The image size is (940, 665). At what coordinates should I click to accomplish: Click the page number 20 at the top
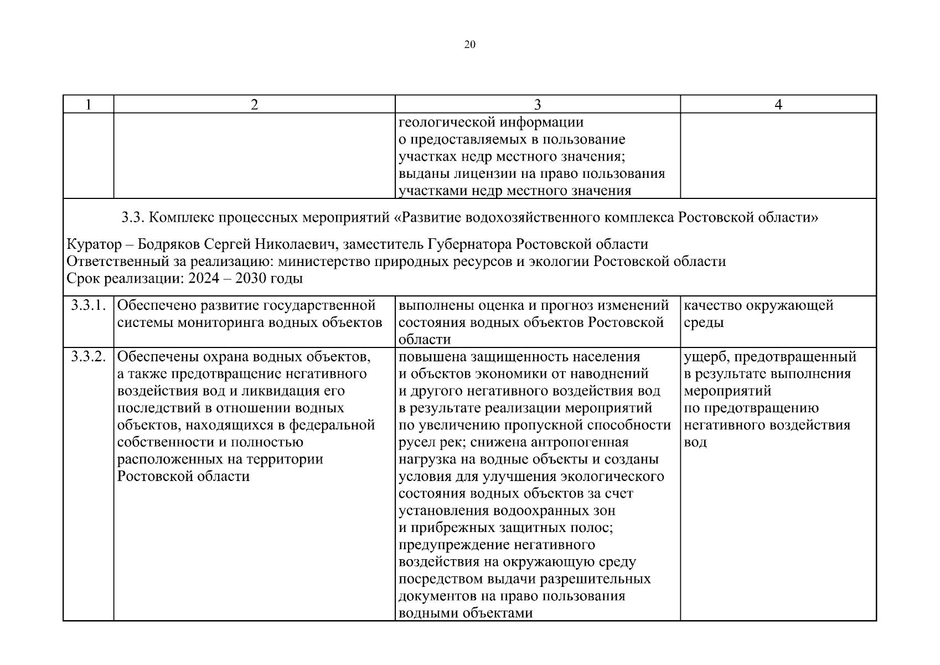pos(469,45)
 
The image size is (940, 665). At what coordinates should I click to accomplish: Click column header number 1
pos(88,105)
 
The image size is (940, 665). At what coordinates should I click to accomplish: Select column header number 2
pos(254,105)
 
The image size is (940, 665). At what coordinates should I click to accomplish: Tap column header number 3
pos(537,105)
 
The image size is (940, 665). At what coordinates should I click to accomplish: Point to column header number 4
pos(778,105)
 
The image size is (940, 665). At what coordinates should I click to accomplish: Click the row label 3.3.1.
pos(88,305)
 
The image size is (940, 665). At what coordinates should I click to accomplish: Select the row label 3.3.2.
pos(88,356)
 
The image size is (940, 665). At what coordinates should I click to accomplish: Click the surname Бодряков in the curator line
pos(166,244)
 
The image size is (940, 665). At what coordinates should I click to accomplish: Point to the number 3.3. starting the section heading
pos(133,218)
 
